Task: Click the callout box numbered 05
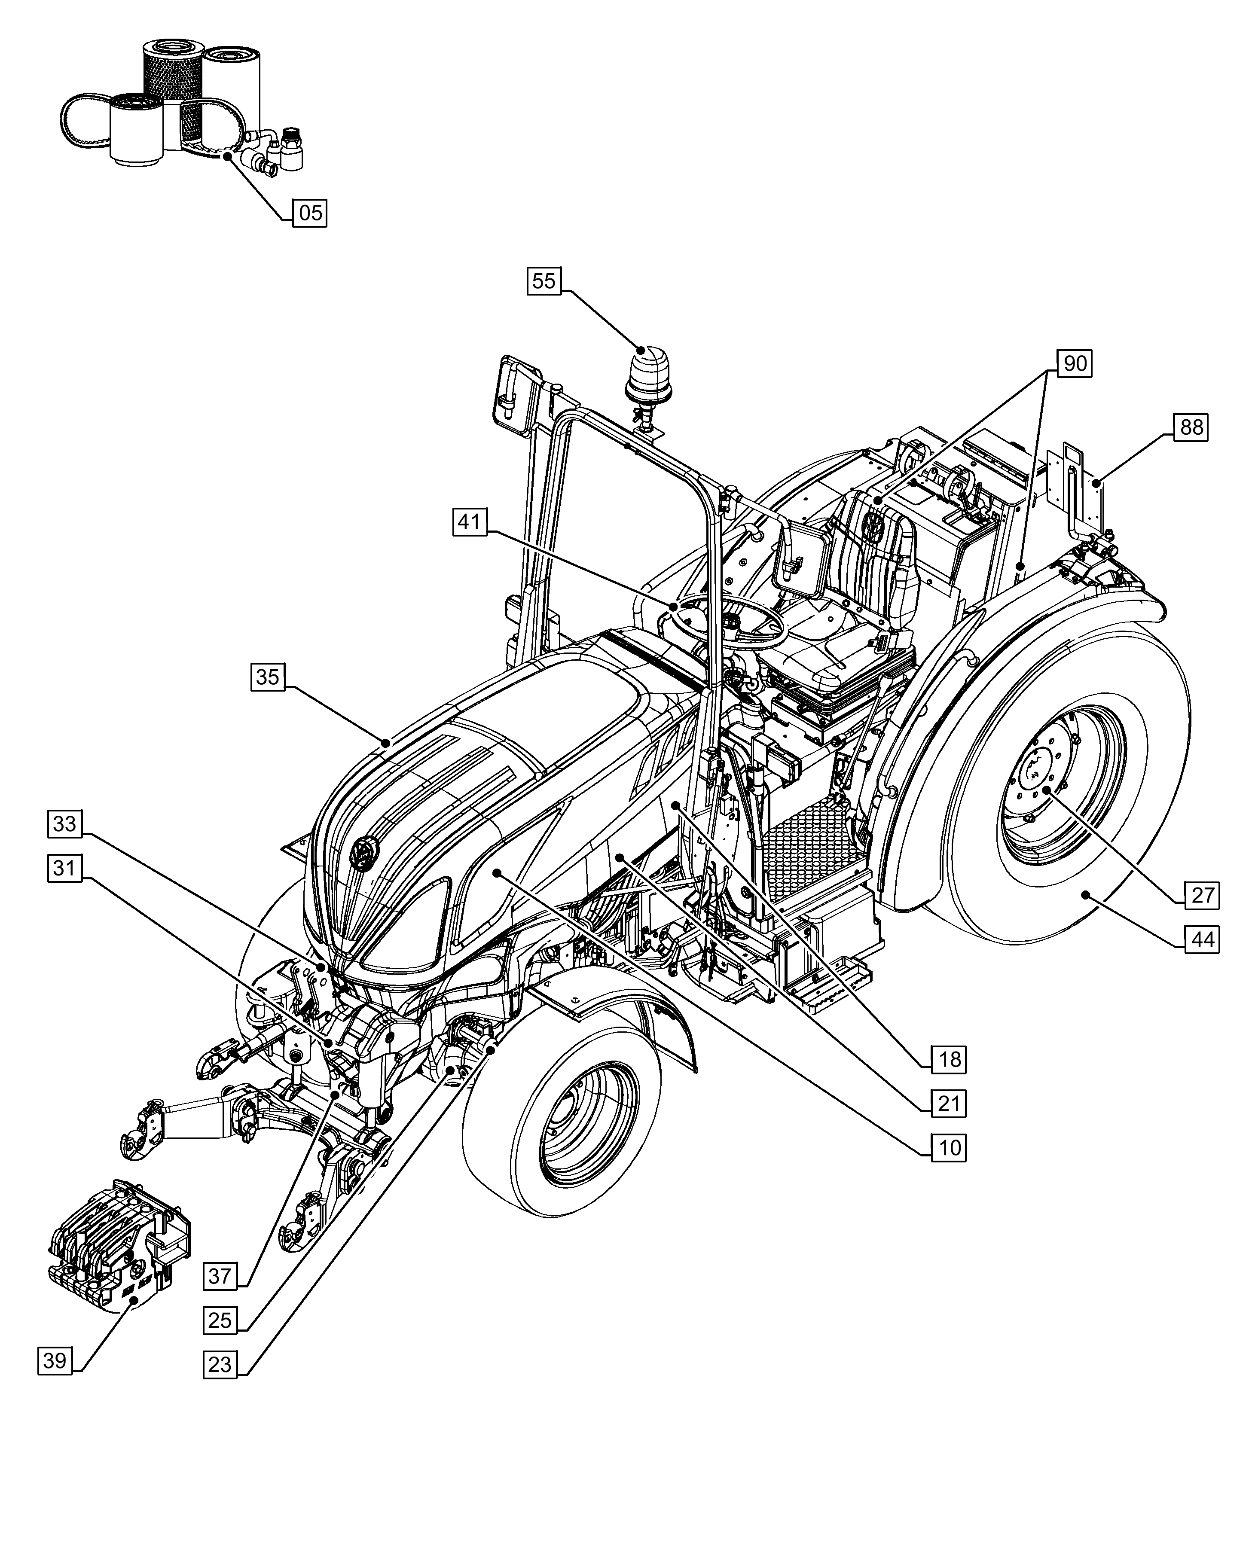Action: pyautogui.click(x=309, y=213)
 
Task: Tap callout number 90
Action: pyautogui.click(x=1074, y=363)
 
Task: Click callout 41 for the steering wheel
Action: pyautogui.click(x=470, y=522)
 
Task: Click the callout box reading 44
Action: pyautogui.click(x=1202, y=939)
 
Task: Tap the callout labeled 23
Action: pyautogui.click(x=220, y=1365)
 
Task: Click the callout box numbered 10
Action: pyautogui.click(x=949, y=1147)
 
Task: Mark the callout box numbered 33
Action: pyautogui.click(x=65, y=823)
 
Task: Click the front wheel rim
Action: pyautogui.click(x=578, y=1128)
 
